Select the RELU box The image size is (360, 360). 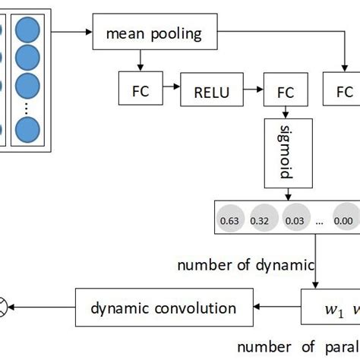pyautogui.click(x=207, y=92)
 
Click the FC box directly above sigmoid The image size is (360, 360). pyautogui.click(x=285, y=92)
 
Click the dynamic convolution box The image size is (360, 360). pyautogui.click(x=163, y=308)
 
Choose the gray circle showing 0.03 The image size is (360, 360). pyautogui.click(x=294, y=219)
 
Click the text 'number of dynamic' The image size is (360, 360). pyautogui.click(x=245, y=265)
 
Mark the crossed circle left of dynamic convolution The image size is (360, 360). pyautogui.click(x=4, y=308)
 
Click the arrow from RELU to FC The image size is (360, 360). pyautogui.click(x=250, y=92)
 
